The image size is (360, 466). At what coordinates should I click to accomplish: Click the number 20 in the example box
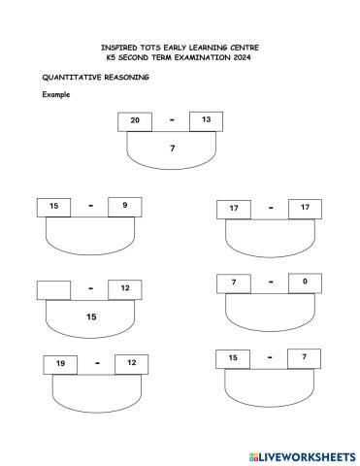click(x=135, y=120)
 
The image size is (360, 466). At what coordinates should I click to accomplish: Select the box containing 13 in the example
click(x=206, y=119)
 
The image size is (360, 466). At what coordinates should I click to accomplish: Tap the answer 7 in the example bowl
click(x=172, y=149)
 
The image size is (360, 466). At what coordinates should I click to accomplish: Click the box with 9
click(x=124, y=206)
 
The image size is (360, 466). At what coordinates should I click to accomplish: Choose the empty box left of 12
click(x=53, y=289)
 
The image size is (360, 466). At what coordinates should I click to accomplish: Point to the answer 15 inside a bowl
click(x=91, y=316)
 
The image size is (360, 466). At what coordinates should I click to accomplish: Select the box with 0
click(x=305, y=282)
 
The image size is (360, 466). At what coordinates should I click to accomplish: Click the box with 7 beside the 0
click(x=234, y=283)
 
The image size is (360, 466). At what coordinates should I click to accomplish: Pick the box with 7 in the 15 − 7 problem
click(x=304, y=358)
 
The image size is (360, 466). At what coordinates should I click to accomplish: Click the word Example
click(x=55, y=94)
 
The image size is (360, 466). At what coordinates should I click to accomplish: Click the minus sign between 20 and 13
click(x=171, y=119)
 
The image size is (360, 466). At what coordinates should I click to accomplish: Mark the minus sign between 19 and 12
click(x=96, y=364)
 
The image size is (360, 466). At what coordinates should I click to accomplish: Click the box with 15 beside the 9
click(x=53, y=207)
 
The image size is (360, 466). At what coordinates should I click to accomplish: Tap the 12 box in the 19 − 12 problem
click(x=132, y=364)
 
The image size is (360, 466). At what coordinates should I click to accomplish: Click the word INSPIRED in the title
click(x=119, y=47)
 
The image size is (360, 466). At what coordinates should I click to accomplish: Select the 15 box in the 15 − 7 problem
click(x=233, y=358)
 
